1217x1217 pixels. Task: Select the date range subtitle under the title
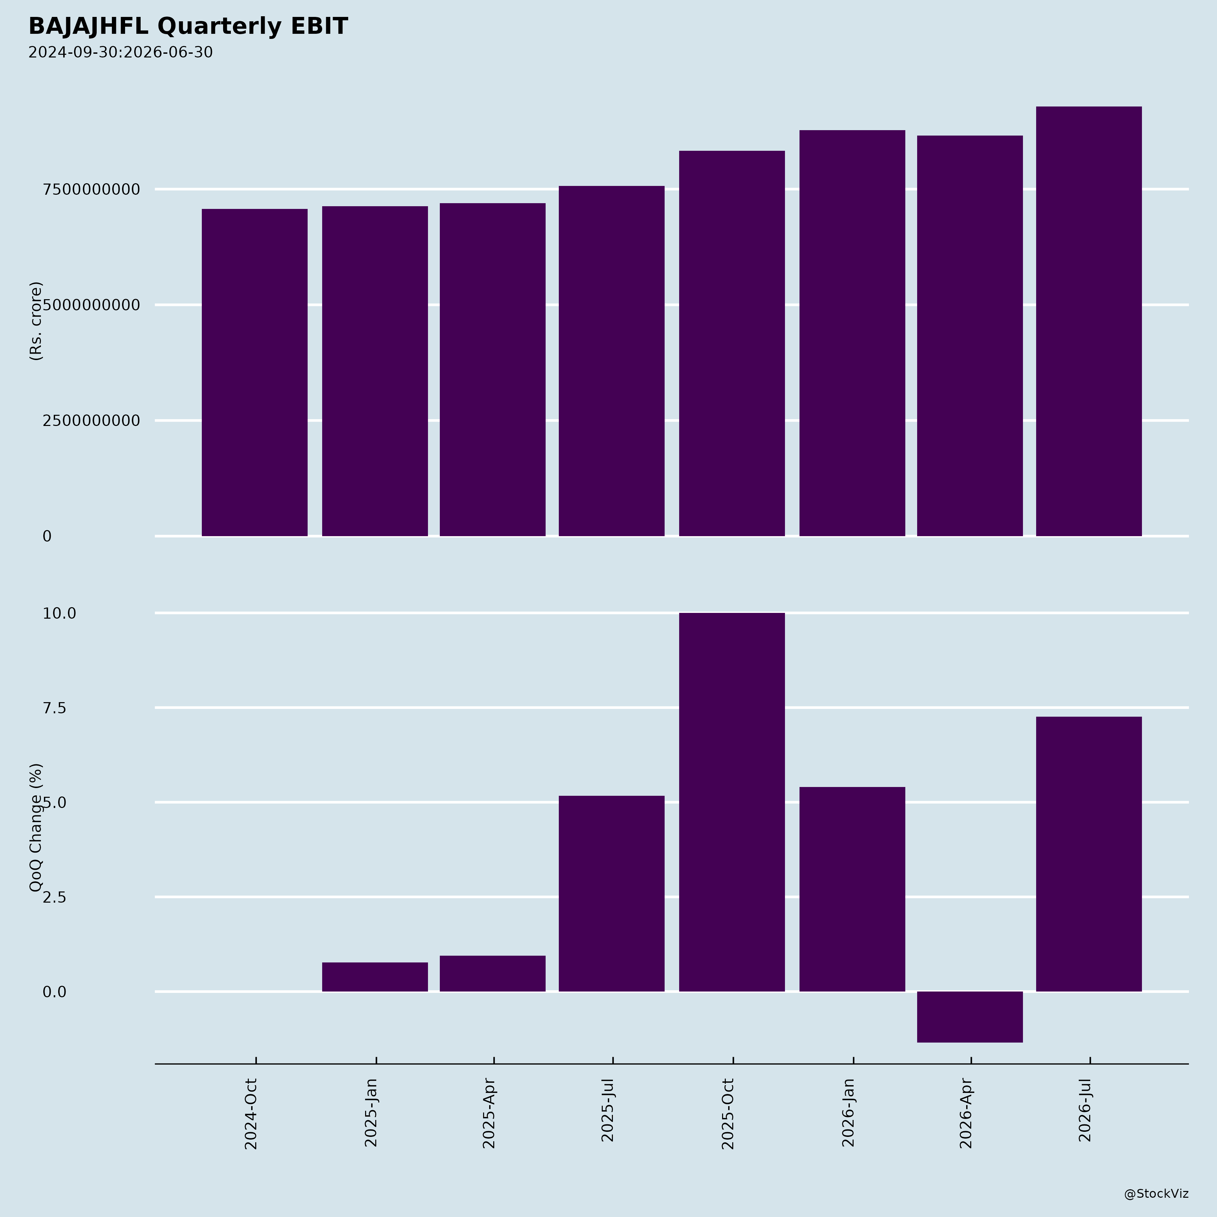pos(120,52)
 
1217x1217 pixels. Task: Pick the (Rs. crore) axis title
pos(36,321)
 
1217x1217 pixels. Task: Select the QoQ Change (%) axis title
pos(36,828)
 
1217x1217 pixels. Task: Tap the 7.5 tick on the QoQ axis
pos(54,708)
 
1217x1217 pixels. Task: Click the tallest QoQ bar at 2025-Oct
pos(732,802)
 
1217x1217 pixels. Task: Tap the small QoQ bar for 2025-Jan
pos(375,977)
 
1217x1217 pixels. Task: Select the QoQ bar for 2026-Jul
pos(1089,854)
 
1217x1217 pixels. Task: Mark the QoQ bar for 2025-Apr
pos(493,974)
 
